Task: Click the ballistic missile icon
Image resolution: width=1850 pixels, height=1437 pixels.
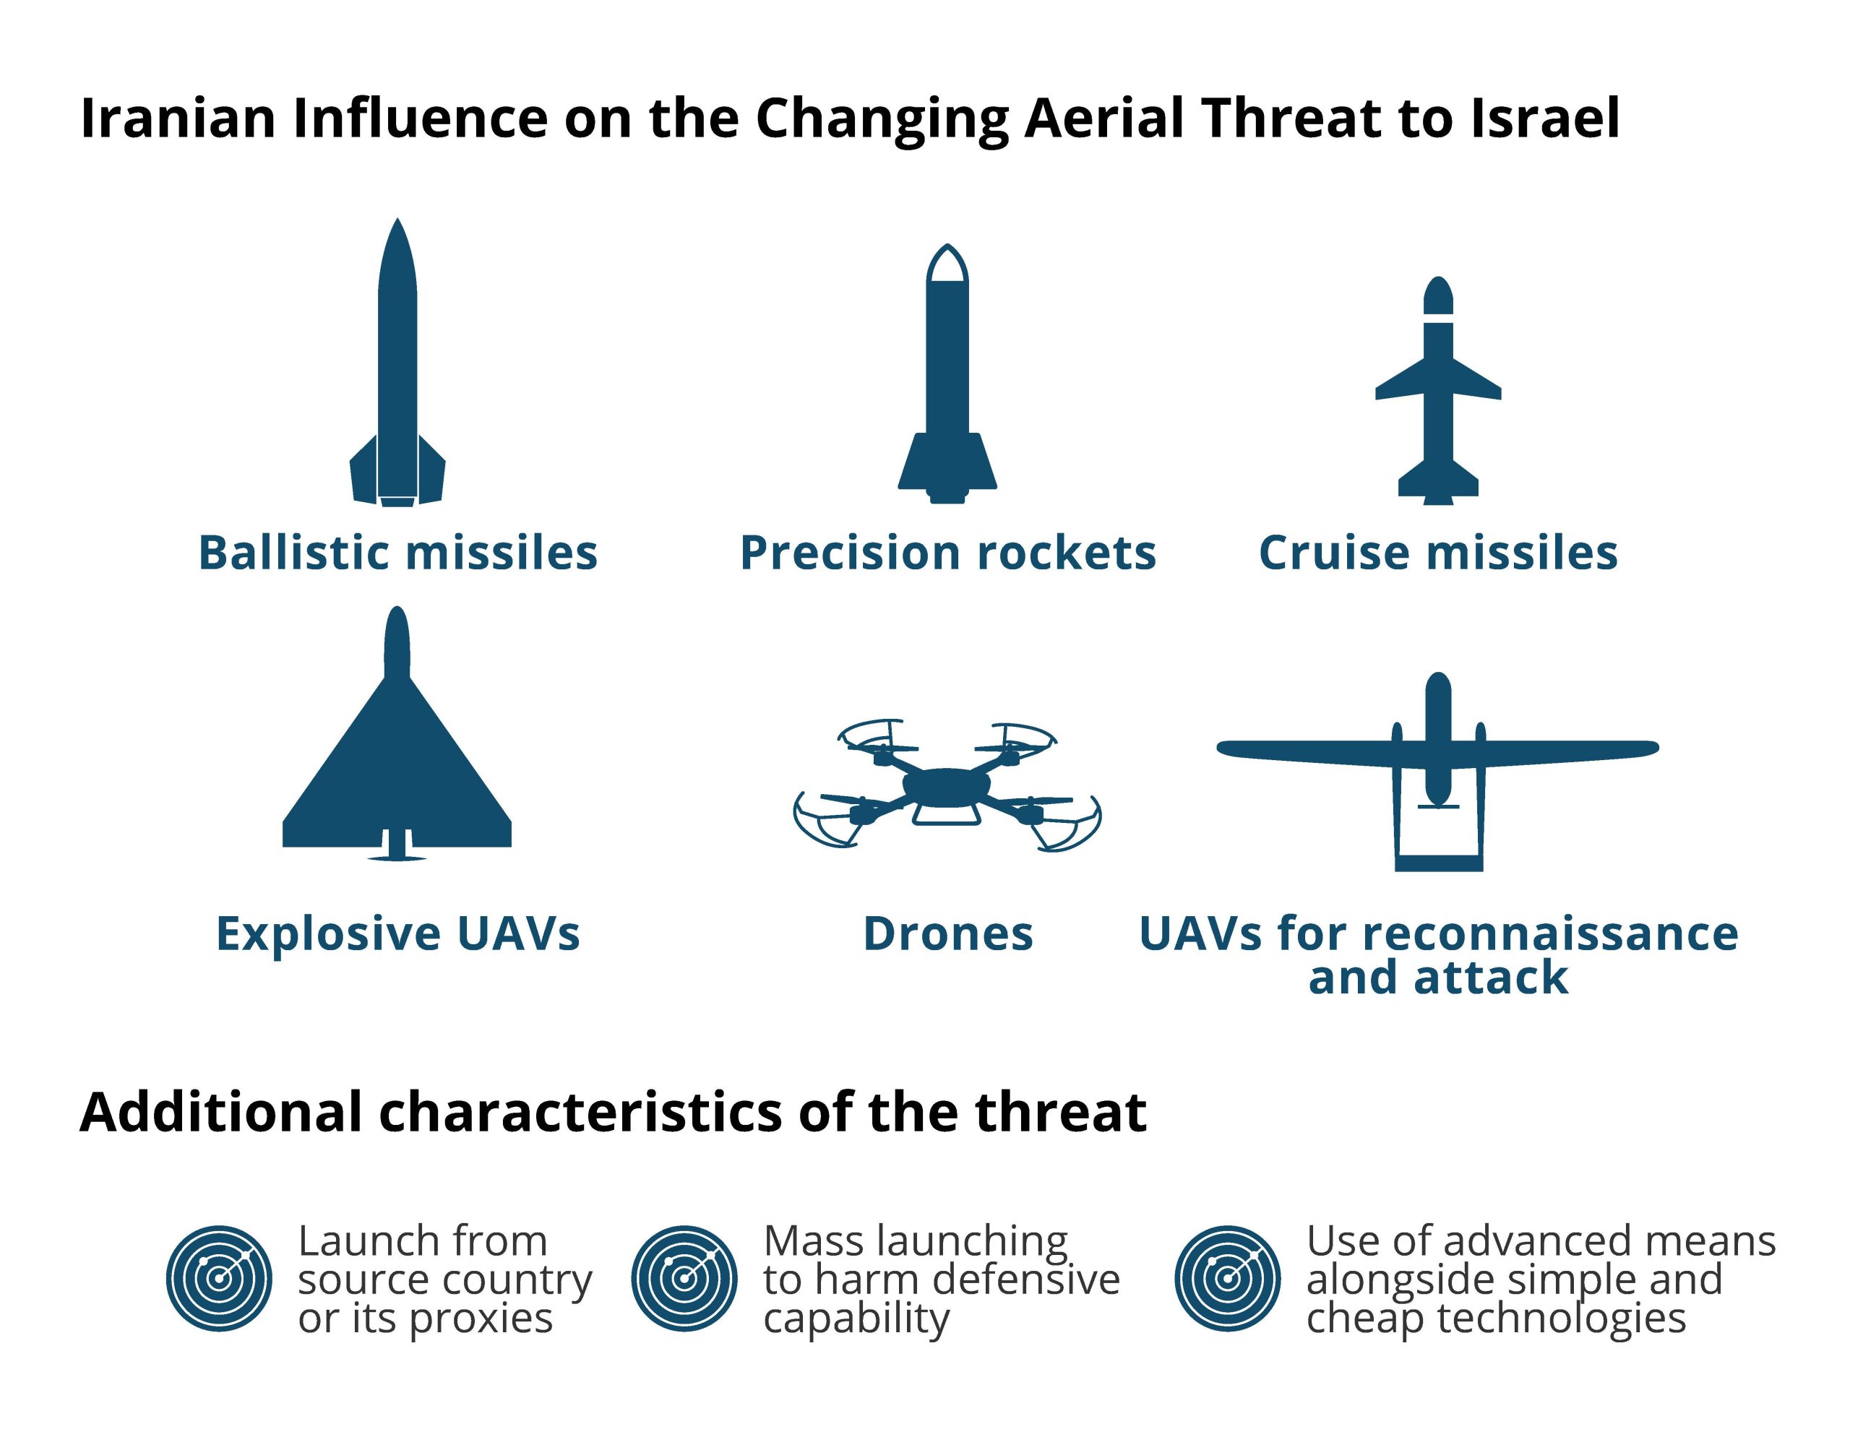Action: (397, 364)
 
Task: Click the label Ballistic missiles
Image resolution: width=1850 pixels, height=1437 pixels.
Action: (398, 553)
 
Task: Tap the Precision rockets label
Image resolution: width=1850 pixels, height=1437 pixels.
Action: (948, 553)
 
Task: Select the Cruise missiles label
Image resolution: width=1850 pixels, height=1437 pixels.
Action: (1438, 553)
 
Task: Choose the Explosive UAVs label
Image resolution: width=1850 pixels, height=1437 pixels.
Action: (398, 934)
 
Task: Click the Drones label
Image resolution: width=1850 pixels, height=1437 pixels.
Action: (948, 934)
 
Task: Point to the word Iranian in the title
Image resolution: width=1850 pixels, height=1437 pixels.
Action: (178, 118)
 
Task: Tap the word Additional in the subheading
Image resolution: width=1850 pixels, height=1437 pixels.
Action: (220, 1112)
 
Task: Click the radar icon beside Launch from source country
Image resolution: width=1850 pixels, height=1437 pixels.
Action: (218, 1279)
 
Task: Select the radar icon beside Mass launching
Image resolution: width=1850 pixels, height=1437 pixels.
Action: (684, 1279)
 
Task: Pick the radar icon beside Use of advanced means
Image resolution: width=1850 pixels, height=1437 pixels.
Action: (1226, 1279)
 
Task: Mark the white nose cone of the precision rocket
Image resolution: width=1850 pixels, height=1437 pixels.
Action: (947, 264)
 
